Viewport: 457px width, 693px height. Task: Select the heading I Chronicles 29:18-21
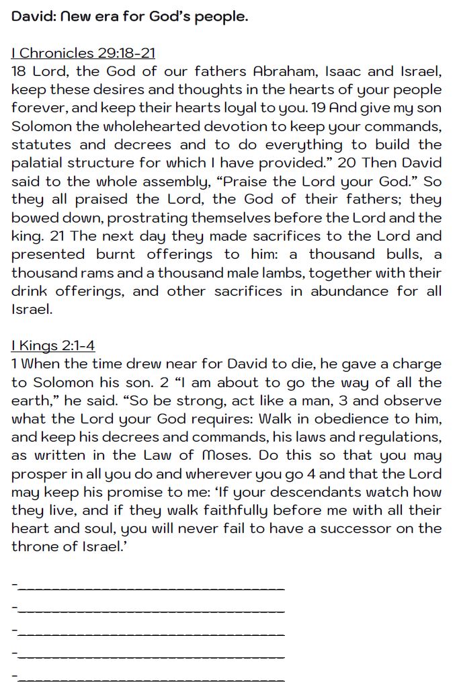pyautogui.click(x=83, y=53)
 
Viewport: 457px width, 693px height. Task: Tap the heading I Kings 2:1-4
pyautogui.click(x=53, y=345)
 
